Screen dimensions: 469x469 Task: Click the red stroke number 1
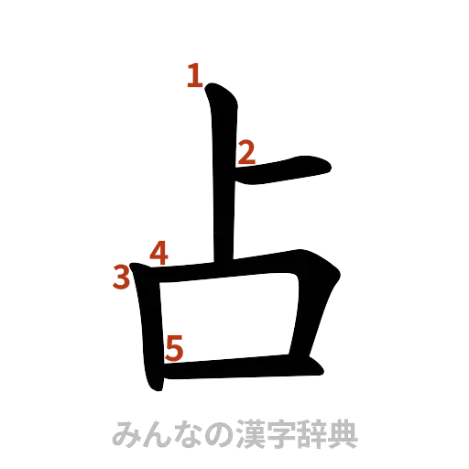click(x=192, y=75)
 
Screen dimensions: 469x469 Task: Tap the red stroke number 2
click(x=245, y=153)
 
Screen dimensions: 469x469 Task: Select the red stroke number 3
click(x=121, y=277)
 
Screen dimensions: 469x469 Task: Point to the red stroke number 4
click(x=158, y=252)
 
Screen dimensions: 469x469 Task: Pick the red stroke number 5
click(x=174, y=346)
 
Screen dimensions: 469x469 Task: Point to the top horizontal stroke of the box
click(x=238, y=270)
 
